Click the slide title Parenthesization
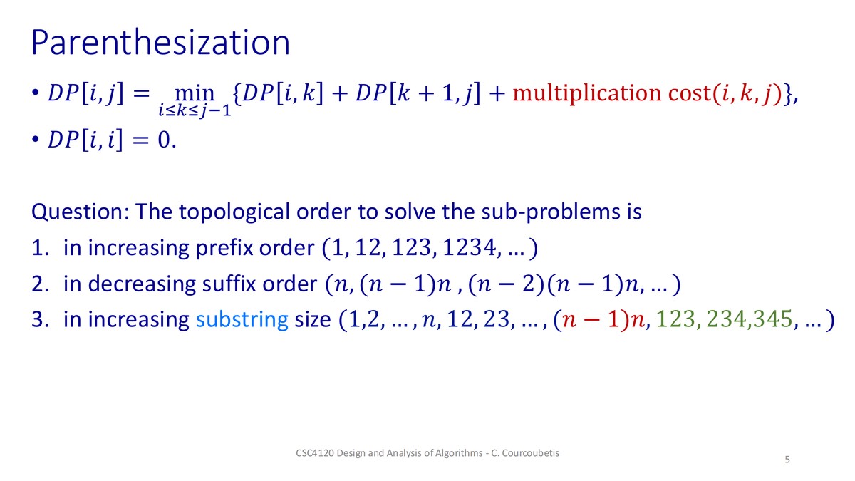[x=160, y=43]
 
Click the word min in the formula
[x=195, y=93]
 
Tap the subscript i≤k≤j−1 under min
[x=195, y=110]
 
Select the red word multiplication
[x=586, y=93]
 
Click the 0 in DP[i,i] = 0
[x=163, y=140]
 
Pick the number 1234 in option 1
[x=469, y=248]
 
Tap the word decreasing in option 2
[x=142, y=285]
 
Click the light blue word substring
[x=242, y=320]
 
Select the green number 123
[x=675, y=319]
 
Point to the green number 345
[x=772, y=319]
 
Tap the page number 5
[x=787, y=460]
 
